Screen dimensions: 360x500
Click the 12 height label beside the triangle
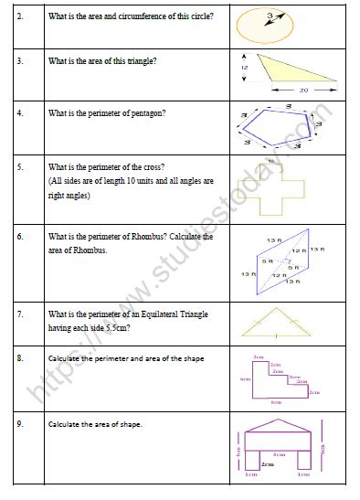coord(244,67)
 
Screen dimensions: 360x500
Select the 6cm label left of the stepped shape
coord(244,378)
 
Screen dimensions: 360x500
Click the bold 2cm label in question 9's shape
coord(267,464)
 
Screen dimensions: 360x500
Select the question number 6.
coord(19,237)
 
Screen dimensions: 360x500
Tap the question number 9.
coord(19,424)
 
